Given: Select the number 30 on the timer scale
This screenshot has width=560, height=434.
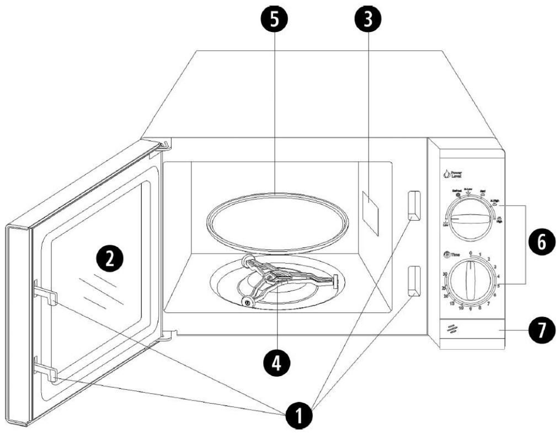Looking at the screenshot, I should [445, 274].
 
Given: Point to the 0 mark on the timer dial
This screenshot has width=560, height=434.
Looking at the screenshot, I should [470, 253].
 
